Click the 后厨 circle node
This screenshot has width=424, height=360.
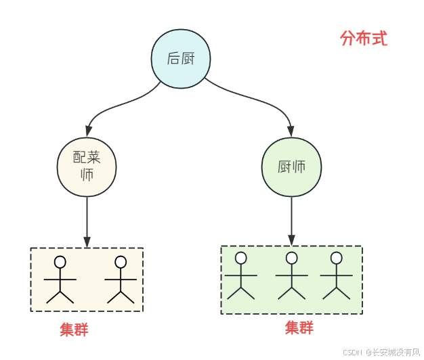[x=180, y=58]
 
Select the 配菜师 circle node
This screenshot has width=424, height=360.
[x=87, y=166]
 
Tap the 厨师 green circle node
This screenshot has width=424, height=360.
[x=291, y=167]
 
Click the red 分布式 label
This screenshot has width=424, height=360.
[x=364, y=39]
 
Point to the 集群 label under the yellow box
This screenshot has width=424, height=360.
[x=74, y=330]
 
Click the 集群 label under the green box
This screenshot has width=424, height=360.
[x=299, y=328]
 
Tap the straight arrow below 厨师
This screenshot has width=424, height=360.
[x=291, y=221]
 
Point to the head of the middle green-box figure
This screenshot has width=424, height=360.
[x=292, y=258]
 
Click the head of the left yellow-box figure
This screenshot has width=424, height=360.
[x=60, y=262]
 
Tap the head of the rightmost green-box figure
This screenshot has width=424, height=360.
[x=336, y=258]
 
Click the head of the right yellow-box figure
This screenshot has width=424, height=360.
[x=121, y=262]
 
